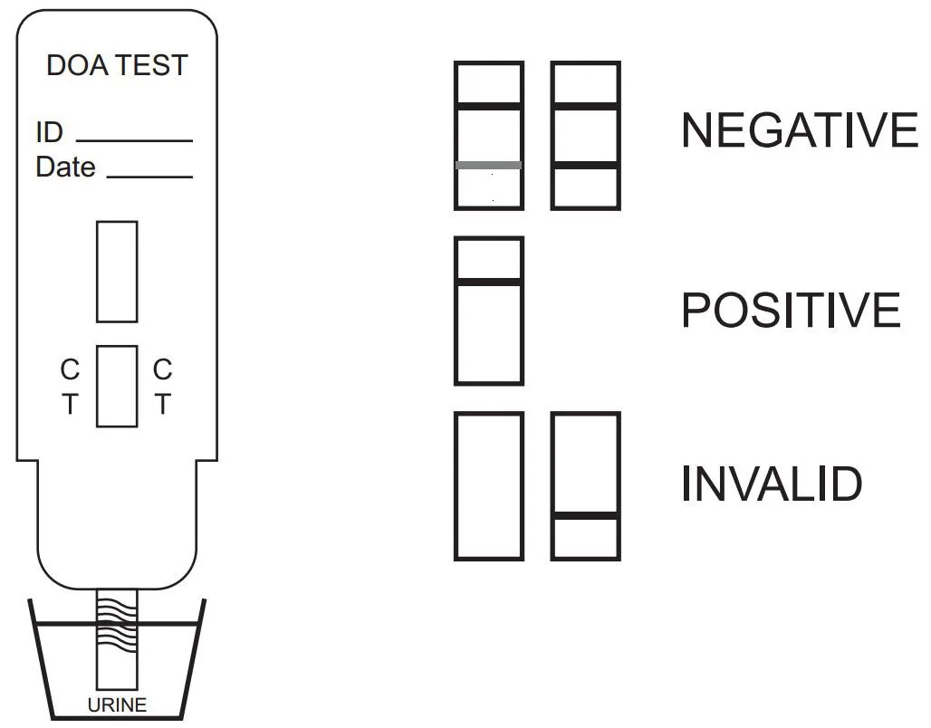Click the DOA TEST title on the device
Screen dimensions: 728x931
coord(117,65)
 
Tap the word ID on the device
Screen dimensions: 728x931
coord(49,132)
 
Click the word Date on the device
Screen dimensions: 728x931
coord(65,168)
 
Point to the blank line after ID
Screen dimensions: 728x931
coord(134,141)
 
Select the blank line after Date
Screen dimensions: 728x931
coord(149,177)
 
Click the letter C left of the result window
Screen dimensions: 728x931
coord(70,369)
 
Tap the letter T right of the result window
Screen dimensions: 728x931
coord(162,405)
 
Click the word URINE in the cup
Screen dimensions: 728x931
coord(117,704)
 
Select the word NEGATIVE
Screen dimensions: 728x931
coord(799,130)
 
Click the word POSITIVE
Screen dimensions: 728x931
coord(791,311)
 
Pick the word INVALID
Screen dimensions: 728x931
coord(771,484)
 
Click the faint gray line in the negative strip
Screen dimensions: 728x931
coord(489,165)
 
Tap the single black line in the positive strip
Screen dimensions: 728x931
coord(489,282)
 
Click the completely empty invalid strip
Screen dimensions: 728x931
coord(489,486)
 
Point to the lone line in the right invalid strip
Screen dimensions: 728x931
coord(586,516)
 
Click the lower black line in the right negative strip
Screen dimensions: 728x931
coord(586,165)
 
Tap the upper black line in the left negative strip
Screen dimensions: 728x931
coord(489,106)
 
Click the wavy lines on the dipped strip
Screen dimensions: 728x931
coord(117,625)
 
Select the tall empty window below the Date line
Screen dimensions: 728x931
coord(117,272)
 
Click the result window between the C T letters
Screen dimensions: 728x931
coord(117,387)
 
